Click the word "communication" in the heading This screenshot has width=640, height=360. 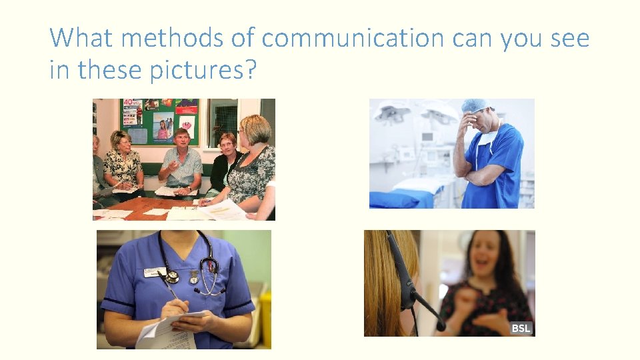click(x=353, y=39)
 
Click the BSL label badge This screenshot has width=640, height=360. click(x=521, y=328)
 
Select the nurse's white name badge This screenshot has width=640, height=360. click(x=155, y=272)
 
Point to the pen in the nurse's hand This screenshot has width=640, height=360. click(x=169, y=291)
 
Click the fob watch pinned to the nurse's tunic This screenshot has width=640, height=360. click(x=194, y=276)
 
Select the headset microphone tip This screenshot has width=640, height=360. click(x=441, y=326)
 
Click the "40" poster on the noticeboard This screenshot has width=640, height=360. click(x=133, y=111)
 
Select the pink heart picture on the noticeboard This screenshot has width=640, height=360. click(x=187, y=124)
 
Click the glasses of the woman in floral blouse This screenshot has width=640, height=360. click(x=124, y=142)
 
